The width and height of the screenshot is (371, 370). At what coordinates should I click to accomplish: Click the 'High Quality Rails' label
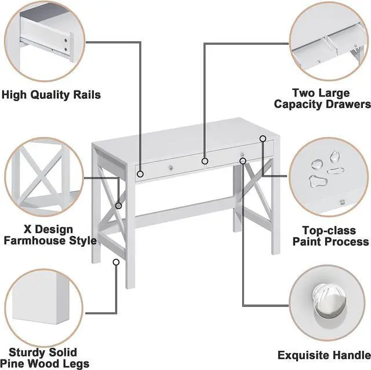click(x=51, y=95)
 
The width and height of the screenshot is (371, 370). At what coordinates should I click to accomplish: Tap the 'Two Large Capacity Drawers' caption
click(x=329, y=99)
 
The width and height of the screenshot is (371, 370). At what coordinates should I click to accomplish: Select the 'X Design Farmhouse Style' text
click(x=50, y=235)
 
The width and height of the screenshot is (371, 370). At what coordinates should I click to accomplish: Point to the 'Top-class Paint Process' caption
click(x=330, y=236)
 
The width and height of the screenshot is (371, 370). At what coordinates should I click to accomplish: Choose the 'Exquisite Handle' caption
click(x=323, y=355)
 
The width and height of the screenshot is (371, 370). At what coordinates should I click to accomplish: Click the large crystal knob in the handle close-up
click(x=328, y=303)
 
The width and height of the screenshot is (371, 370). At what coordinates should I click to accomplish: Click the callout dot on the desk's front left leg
click(x=116, y=262)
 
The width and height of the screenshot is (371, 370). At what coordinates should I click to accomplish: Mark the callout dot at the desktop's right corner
click(x=263, y=138)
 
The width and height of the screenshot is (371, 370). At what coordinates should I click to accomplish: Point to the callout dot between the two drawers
click(x=205, y=161)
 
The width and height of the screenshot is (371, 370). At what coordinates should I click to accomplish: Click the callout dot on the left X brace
click(x=118, y=206)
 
